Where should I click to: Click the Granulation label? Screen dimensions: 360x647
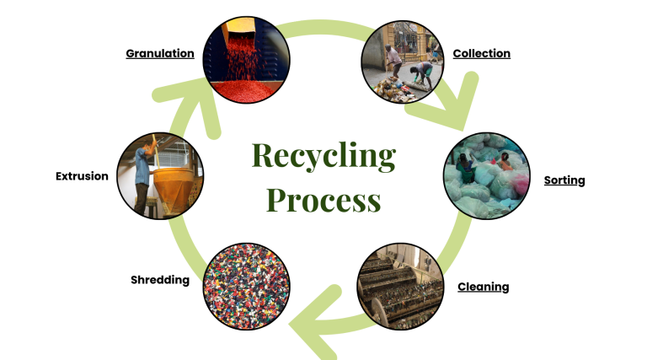coord(160,53)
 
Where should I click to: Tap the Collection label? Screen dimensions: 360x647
coord(481,53)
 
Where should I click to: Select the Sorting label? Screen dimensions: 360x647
coord(564,180)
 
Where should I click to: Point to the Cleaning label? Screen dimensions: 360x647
coord(483,287)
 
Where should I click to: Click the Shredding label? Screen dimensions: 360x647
coord(160,279)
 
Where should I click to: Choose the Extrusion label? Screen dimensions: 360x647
coord(82,176)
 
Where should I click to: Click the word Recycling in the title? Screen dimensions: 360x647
coord(323,156)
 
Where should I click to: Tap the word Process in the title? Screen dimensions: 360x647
coord(323,201)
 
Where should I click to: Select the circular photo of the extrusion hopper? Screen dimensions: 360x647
coord(159,177)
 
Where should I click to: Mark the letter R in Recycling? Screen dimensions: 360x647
coord(262,156)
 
